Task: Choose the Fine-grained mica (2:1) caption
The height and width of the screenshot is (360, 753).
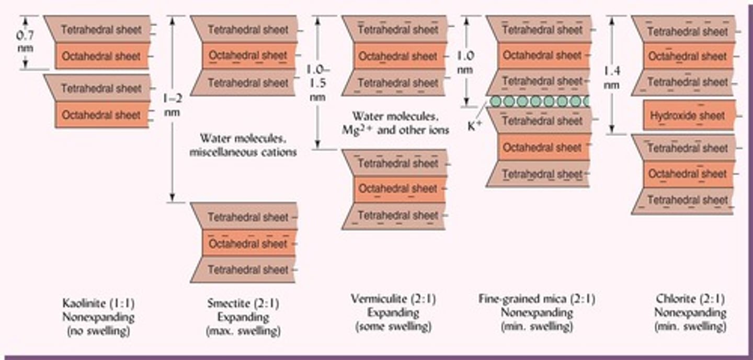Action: (537, 299)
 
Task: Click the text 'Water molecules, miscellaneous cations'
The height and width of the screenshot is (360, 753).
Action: (244, 145)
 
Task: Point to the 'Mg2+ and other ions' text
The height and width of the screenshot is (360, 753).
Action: (401, 130)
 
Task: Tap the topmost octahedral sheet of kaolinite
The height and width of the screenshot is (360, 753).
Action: (101, 57)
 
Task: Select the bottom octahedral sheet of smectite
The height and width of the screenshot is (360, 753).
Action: (248, 243)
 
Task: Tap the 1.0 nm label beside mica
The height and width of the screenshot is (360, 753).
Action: (465, 62)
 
